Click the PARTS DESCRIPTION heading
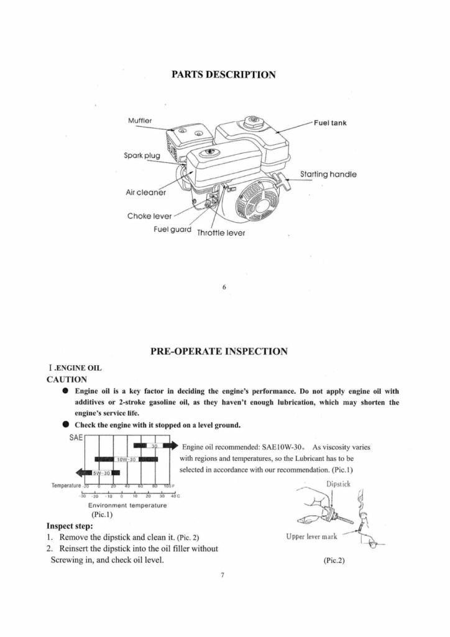223,75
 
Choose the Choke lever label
149,216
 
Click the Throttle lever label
221,233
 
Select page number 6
224,287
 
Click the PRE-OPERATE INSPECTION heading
219,351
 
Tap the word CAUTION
67,378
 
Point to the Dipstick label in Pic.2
338,483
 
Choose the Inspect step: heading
70,526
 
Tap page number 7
222,574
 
